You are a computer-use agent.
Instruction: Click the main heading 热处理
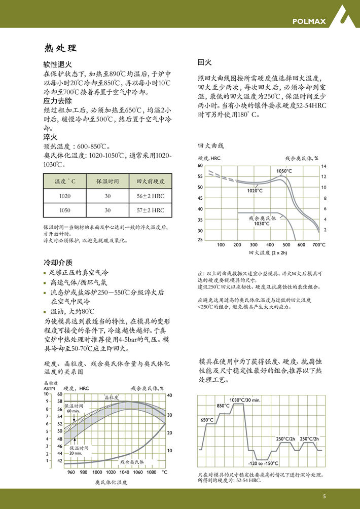tap(60, 48)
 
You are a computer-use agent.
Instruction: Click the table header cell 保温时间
tap(107, 181)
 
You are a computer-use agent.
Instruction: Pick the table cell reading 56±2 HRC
tap(150, 196)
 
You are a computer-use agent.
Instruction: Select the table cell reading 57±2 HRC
tap(150, 210)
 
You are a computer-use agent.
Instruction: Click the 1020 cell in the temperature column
tap(65, 196)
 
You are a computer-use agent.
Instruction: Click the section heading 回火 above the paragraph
tap(204, 63)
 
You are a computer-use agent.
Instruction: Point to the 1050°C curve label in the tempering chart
tap(284, 171)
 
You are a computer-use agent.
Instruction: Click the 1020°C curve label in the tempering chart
tap(255, 191)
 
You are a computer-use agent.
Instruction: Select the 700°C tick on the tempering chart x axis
tap(318, 245)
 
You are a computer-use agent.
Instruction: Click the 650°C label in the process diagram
tap(207, 420)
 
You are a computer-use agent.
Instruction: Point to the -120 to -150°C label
tap(263, 463)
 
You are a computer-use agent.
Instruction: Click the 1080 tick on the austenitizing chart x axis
tap(151, 472)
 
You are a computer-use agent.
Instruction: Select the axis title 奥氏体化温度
tap(111, 482)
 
